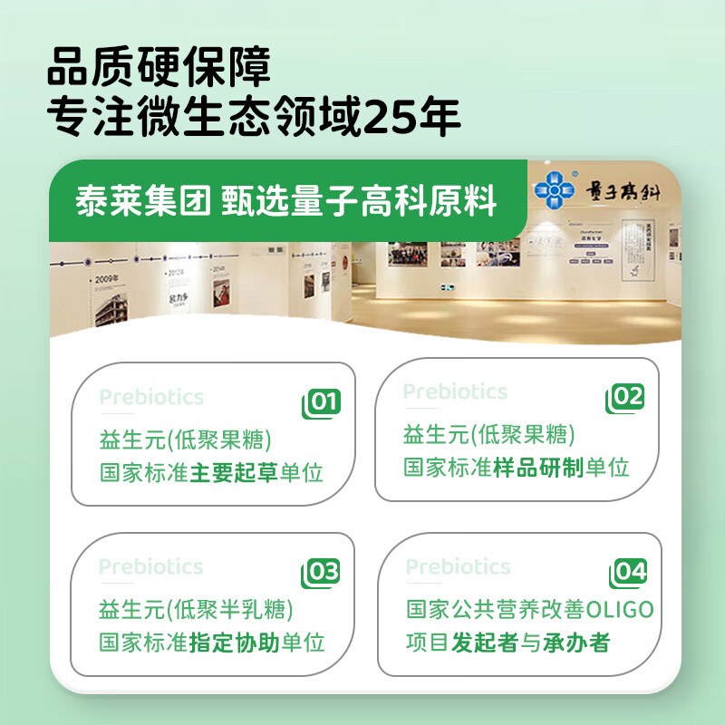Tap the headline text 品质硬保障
(159, 68)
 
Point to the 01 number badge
(322, 402)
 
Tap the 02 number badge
(626, 397)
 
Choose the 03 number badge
(322, 572)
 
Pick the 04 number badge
(628, 572)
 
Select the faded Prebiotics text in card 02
(455, 391)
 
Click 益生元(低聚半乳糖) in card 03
(197, 609)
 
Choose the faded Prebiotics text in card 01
(151, 397)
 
